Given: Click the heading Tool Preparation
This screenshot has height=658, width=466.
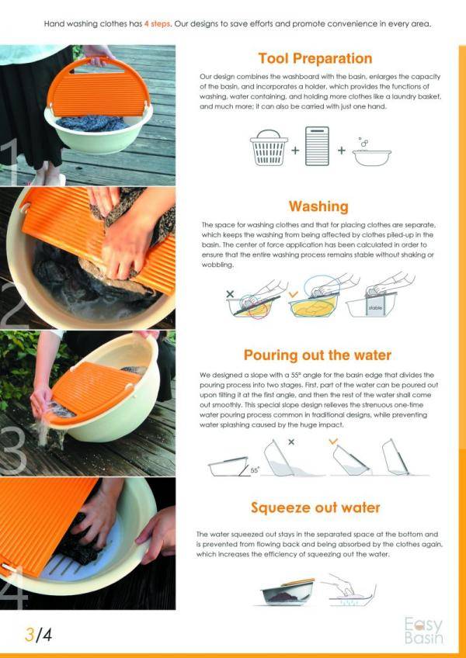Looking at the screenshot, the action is pos(315,59).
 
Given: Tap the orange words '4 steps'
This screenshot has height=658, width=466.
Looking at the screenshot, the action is pos(157,24).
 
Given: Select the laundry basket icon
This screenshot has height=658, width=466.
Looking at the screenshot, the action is pos(269,147).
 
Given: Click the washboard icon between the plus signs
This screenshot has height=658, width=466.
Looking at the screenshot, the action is pos(317,146).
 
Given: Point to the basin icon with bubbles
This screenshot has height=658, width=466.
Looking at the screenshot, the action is pos(371,153).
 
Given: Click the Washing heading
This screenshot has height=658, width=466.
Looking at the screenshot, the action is pos(318,206).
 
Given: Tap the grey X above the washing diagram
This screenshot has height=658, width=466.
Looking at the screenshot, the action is pos(230,294).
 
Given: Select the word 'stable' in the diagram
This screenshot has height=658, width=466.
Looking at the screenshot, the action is pos(375,307).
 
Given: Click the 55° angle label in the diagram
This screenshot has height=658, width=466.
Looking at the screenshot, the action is pos(255,470).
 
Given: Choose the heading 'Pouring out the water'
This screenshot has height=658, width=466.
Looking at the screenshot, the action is pos(317,355).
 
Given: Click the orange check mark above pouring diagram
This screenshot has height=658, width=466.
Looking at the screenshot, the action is pos(333,441).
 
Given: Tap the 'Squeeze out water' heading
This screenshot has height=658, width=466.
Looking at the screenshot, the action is pos(315,507).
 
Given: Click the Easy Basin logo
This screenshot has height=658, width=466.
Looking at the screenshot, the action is pos(423,630).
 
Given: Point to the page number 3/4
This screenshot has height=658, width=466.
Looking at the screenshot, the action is pos(38,635).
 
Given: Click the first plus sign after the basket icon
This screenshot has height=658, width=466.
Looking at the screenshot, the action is pos(295,151).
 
